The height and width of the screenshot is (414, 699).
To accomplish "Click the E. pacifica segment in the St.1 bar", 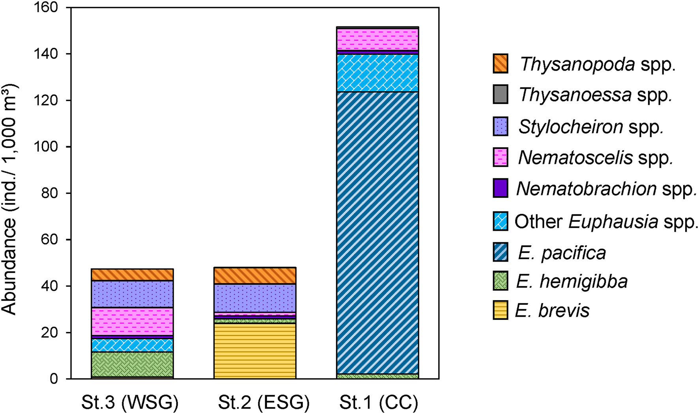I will (x=378, y=232).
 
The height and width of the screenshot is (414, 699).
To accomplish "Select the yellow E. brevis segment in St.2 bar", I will (x=255, y=351).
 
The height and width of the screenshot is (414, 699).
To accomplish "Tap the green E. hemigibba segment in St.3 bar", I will (x=132, y=364).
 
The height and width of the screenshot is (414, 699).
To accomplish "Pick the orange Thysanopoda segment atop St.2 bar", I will (x=255, y=276).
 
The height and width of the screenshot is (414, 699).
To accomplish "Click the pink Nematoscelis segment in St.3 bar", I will (x=132, y=321).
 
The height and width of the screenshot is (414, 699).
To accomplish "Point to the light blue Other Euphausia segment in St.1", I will (x=378, y=73).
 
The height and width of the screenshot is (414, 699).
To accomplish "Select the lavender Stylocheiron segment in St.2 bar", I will (x=255, y=298).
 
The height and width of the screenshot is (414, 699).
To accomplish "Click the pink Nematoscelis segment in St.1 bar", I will (x=378, y=39).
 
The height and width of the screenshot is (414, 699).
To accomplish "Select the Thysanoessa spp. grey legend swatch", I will (x=500, y=95).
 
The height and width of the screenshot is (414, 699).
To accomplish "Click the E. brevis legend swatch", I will (x=500, y=310).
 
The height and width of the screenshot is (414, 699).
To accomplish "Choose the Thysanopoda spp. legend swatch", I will (x=500, y=64).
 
